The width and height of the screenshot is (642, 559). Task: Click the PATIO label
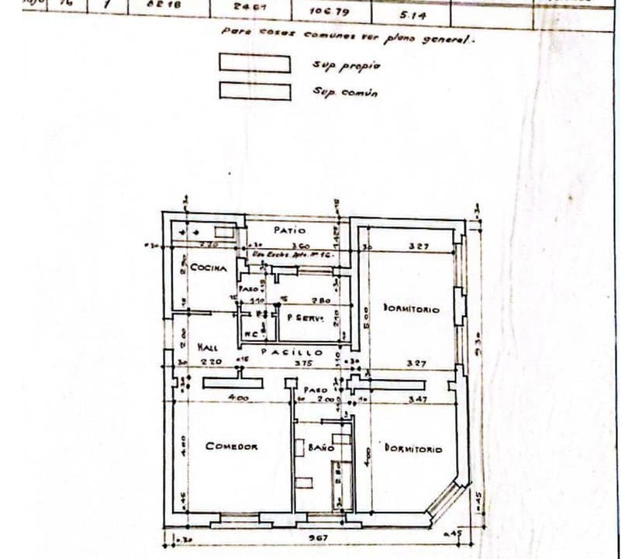pyautogui.click(x=290, y=229)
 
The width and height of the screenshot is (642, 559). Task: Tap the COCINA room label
pyautogui.click(x=209, y=268)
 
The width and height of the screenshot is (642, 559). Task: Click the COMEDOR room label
pyautogui.click(x=231, y=446)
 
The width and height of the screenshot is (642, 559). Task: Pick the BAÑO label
pyautogui.click(x=320, y=447)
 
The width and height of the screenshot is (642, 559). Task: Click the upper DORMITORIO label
pyautogui.click(x=411, y=309)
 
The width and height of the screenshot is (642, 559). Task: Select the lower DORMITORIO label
pyautogui.click(x=413, y=448)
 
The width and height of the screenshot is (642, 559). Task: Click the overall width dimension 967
pyautogui.click(x=317, y=537)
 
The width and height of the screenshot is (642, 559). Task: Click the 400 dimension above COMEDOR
pyautogui.click(x=238, y=399)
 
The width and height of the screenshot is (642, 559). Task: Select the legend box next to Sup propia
pyautogui.click(x=254, y=63)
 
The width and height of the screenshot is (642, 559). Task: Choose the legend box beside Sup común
pyautogui.click(x=254, y=91)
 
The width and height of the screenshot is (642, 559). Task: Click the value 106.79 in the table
pyautogui.click(x=326, y=12)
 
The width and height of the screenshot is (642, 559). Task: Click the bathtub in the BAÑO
pyautogui.click(x=337, y=484)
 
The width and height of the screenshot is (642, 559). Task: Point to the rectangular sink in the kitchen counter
pyautogui.click(x=225, y=231)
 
